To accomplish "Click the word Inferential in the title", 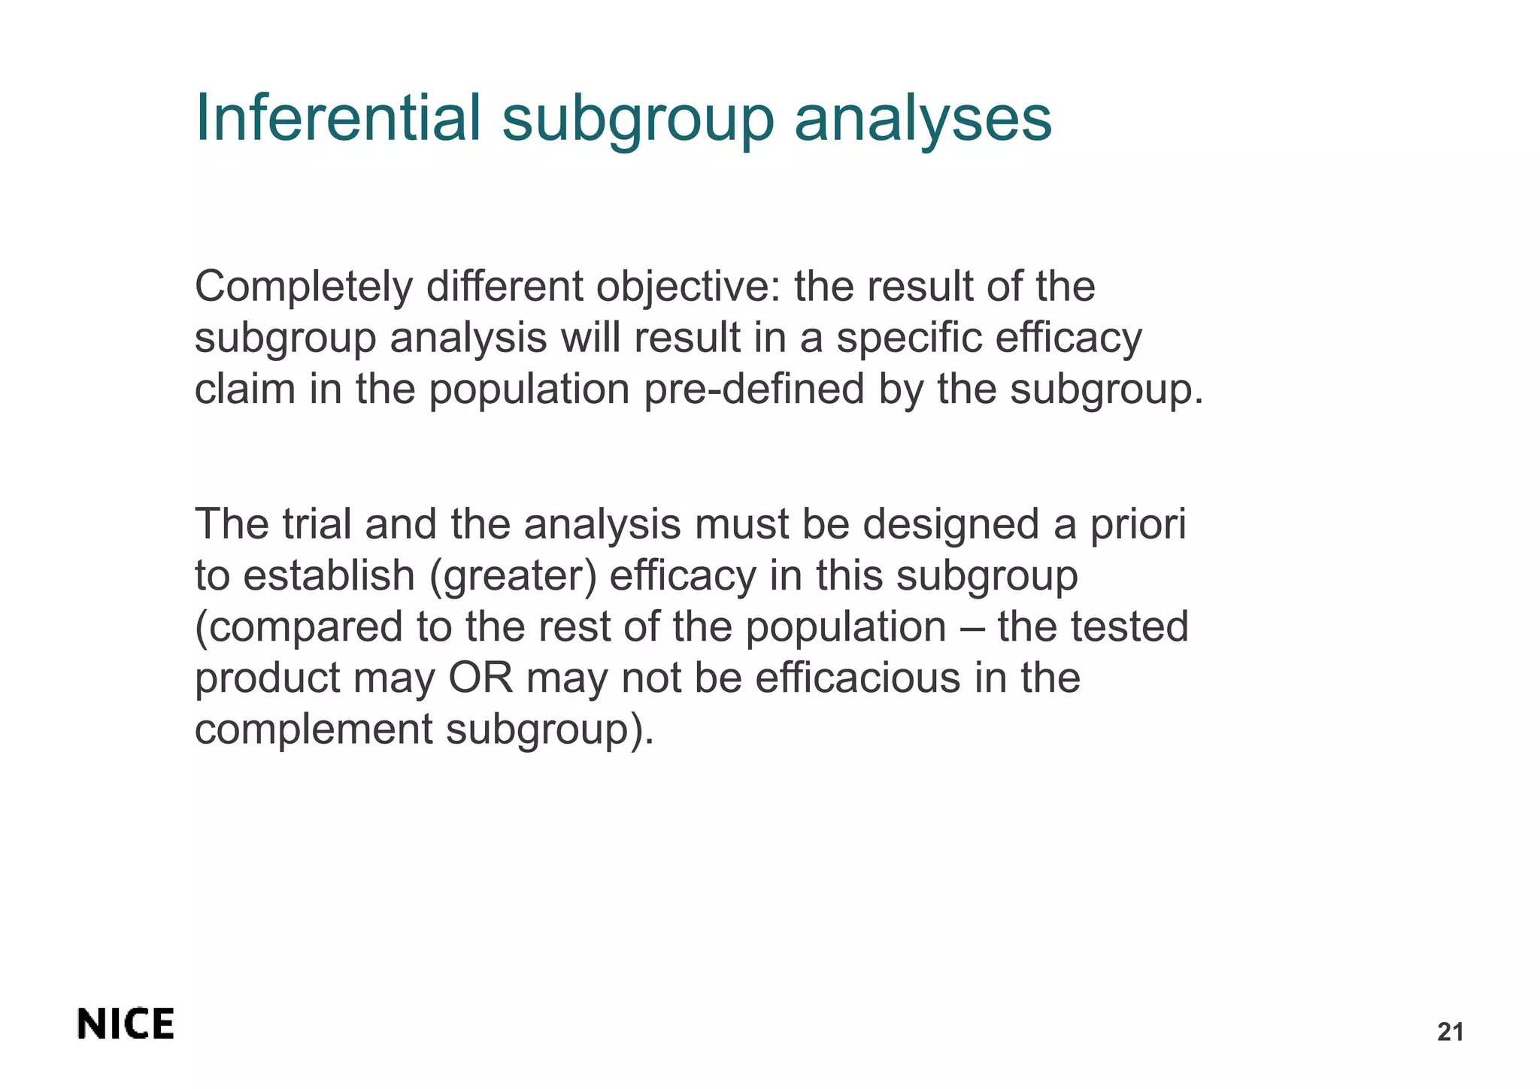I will point(338,118).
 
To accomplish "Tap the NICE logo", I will point(126,1024).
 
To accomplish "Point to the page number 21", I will point(1450,1033).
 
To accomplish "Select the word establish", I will point(329,576).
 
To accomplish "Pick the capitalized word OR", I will point(480,678).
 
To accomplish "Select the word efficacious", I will point(857,678).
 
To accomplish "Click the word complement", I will point(314,730).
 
